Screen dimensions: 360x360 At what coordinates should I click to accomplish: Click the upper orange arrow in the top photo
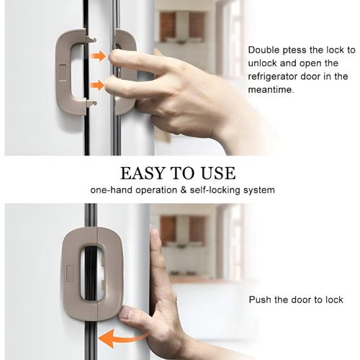(x=99, y=55)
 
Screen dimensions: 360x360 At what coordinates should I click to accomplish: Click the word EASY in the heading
(x=140, y=174)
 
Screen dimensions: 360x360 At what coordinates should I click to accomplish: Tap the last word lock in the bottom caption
(x=333, y=300)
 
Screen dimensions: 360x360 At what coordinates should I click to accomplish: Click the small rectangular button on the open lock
(x=63, y=72)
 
